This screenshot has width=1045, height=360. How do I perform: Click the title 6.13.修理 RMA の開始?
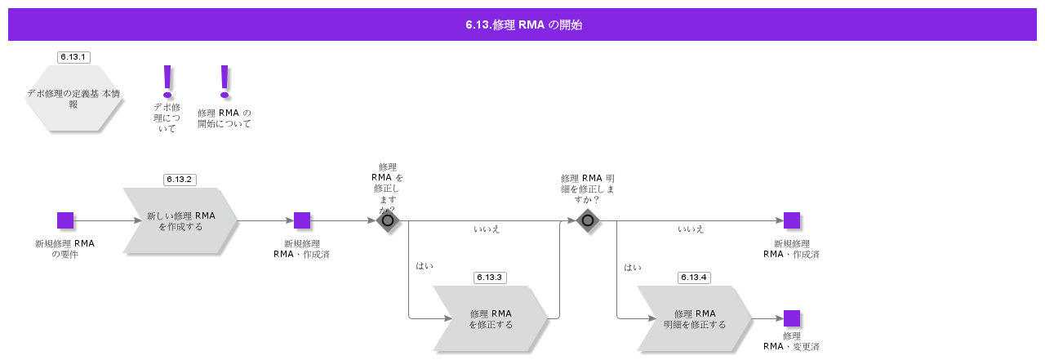click(x=522, y=24)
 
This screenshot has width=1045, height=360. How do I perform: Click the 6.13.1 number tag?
click(x=73, y=57)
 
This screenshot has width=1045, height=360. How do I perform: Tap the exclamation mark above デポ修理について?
click(x=168, y=80)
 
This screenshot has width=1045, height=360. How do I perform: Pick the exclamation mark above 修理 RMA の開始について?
click(x=225, y=80)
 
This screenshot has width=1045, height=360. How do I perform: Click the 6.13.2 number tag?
click(x=179, y=180)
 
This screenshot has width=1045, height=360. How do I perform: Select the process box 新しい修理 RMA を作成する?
click(x=180, y=221)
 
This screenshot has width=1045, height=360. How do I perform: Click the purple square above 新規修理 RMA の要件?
click(x=65, y=220)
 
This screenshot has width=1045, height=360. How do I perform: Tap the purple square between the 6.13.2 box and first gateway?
click(x=302, y=220)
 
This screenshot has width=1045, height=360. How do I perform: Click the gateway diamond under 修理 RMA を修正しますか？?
click(x=388, y=220)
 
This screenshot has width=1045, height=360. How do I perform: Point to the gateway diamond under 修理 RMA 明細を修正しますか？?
click(x=588, y=220)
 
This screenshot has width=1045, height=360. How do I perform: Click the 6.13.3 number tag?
click(x=489, y=278)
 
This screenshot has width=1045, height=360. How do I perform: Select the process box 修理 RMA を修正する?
click(x=491, y=319)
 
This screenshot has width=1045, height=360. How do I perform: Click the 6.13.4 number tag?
click(x=693, y=278)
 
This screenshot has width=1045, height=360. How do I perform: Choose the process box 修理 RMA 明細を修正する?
click(x=695, y=319)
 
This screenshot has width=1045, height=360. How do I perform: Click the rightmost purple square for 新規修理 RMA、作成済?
click(x=792, y=220)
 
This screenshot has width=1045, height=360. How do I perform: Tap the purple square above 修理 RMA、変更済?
click(x=792, y=318)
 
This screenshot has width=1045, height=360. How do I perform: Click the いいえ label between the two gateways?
click(x=487, y=229)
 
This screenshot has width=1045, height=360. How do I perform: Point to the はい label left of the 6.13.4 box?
click(x=633, y=267)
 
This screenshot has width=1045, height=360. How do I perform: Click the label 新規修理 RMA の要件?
click(x=64, y=249)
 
